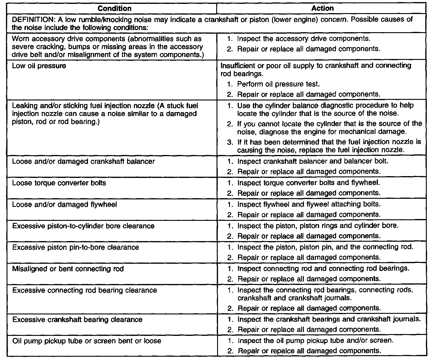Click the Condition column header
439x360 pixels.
coord(114,8)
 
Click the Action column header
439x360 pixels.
coord(322,8)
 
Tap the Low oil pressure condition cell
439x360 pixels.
coord(39,66)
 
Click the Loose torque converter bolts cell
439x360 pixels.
coord(59,183)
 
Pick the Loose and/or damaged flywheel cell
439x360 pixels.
coord(64,204)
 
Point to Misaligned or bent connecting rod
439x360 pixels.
coord(68,269)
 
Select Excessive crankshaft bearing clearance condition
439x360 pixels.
coord(77,320)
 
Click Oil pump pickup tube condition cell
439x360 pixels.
coord(86,341)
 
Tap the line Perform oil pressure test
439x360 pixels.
coord(278,84)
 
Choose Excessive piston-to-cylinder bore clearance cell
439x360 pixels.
coord(83,226)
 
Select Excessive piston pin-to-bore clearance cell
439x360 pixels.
coord(75,247)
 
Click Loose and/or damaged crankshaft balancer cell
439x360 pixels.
coord(83,162)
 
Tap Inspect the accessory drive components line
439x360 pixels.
coord(304,39)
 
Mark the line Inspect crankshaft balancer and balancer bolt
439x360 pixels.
coord(313,161)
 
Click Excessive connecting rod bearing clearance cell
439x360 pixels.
coord(84,290)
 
